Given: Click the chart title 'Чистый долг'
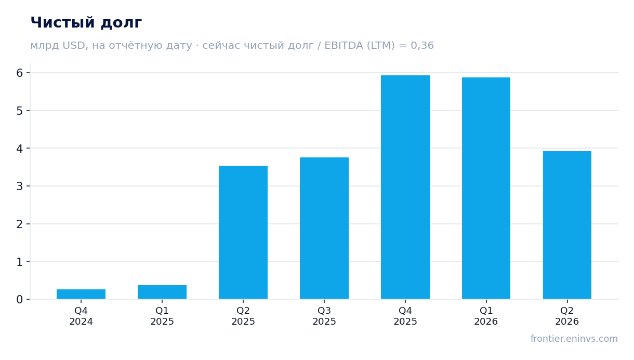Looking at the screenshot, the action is (x=86, y=23).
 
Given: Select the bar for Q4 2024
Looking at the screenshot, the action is (x=81, y=294).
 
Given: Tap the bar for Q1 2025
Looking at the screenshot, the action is (x=162, y=292).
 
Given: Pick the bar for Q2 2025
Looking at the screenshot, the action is (x=243, y=232).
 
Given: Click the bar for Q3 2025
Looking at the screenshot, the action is (x=324, y=228).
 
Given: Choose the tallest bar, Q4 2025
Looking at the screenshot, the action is (x=405, y=187).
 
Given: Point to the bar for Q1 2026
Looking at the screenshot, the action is (x=486, y=188).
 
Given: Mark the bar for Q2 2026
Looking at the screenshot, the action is (x=567, y=225).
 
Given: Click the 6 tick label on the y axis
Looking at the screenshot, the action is (x=20, y=73).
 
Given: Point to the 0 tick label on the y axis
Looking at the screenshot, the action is (x=20, y=299).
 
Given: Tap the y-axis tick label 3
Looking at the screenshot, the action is (x=20, y=186).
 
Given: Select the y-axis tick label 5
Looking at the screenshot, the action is (x=20, y=111).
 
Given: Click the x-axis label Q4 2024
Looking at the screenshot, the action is (x=81, y=316).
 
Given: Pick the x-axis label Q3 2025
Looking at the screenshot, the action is (x=324, y=316).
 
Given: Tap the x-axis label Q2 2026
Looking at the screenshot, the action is (x=567, y=316).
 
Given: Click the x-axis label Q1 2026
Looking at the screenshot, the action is (x=486, y=316).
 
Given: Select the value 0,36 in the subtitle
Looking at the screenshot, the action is (x=422, y=46).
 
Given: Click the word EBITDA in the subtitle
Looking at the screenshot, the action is (x=344, y=45).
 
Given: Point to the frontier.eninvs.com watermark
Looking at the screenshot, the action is (x=574, y=339).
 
